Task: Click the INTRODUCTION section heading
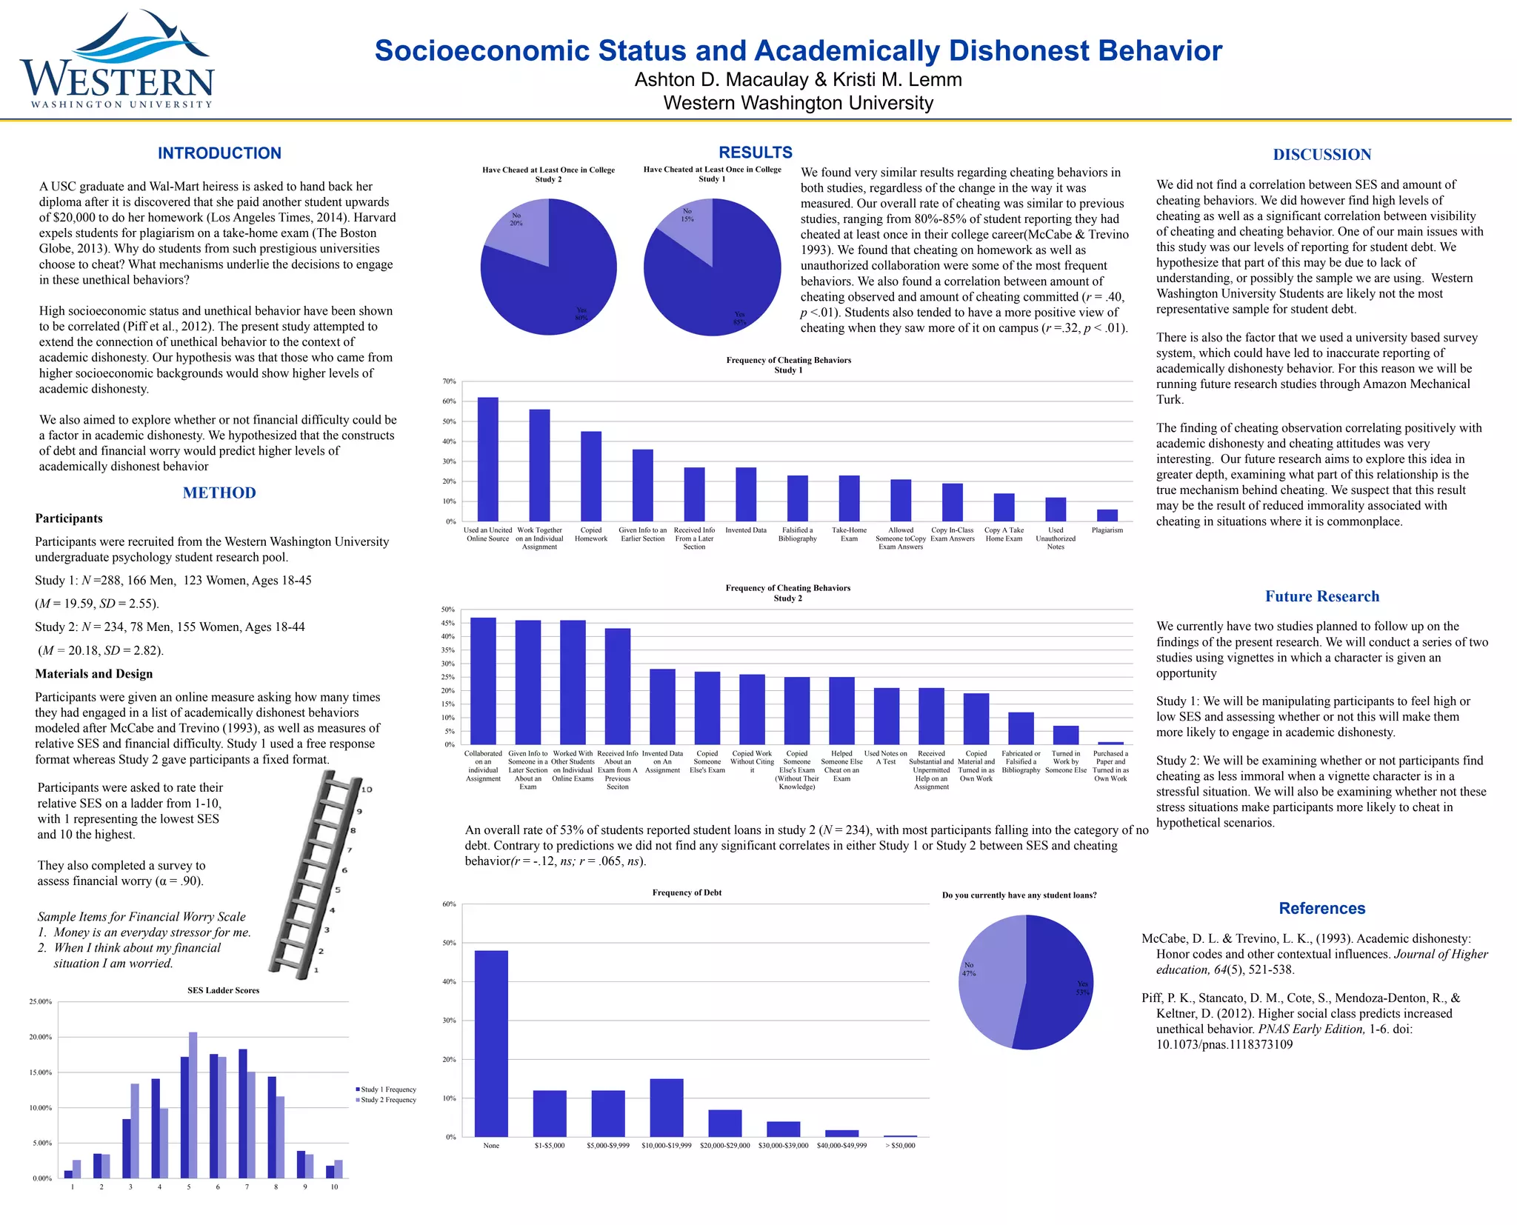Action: (219, 153)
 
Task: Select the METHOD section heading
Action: (219, 493)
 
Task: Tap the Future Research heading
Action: (1321, 597)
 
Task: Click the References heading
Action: (1321, 909)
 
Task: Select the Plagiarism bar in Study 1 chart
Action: (1107, 515)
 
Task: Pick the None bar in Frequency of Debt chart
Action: (491, 1044)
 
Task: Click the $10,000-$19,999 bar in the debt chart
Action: (667, 1108)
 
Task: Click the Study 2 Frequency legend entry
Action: (387, 1100)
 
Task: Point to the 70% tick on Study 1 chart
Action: (450, 382)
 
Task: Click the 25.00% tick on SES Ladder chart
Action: (41, 1002)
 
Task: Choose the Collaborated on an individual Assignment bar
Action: (483, 681)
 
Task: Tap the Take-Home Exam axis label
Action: (849, 535)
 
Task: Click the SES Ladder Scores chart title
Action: (223, 991)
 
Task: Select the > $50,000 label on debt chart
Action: (900, 1146)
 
